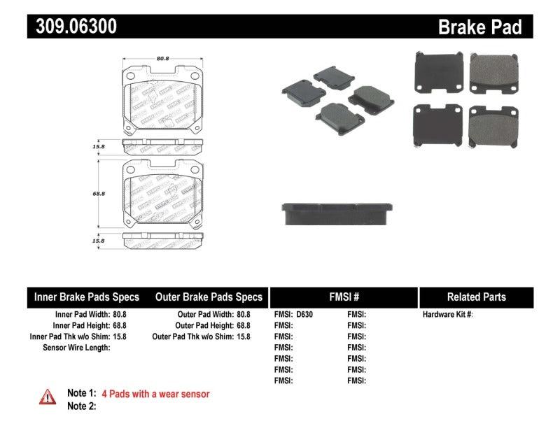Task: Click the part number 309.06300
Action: pos(72,27)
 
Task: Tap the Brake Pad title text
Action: pos(480,27)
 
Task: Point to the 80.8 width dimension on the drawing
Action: pos(163,59)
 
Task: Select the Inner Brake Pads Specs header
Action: pos(87,297)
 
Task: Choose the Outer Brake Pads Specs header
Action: pos(209,297)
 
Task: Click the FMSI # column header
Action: pos(344,297)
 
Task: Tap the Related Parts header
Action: pos(476,297)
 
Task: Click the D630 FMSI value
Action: pos(304,315)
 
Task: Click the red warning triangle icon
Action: pos(47,397)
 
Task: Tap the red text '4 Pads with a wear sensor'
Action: pos(155,394)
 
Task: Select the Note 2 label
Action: pos(81,406)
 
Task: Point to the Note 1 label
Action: pos(81,394)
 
